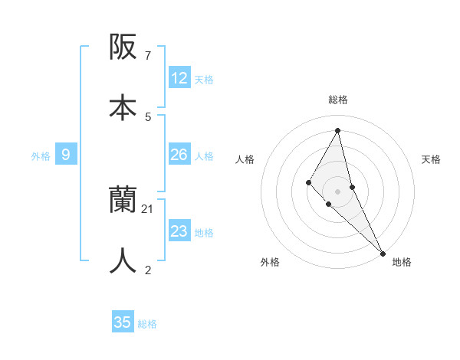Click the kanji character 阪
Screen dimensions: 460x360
[x=123, y=48]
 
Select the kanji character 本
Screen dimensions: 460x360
[x=123, y=107]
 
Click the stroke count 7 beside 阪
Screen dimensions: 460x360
[x=147, y=56]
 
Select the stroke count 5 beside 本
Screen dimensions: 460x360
[x=147, y=116]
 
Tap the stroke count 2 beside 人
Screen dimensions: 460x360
[x=147, y=270]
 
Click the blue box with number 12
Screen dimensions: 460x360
[x=179, y=78]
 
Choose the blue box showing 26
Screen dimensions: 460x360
[x=179, y=155]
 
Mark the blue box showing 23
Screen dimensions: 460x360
[x=179, y=231]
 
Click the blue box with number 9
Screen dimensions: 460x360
[x=66, y=155]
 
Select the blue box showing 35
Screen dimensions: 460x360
[x=123, y=322]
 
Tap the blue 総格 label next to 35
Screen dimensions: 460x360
[x=147, y=324]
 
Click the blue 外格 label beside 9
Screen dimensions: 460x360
[x=41, y=156]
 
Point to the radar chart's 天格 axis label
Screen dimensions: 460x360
[x=431, y=159]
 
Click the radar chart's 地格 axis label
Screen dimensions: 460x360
[x=402, y=262]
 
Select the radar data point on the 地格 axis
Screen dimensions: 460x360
[x=383, y=252]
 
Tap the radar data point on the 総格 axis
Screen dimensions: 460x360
[x=337, y=129]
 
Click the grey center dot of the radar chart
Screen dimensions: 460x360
[x=337, y=191]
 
